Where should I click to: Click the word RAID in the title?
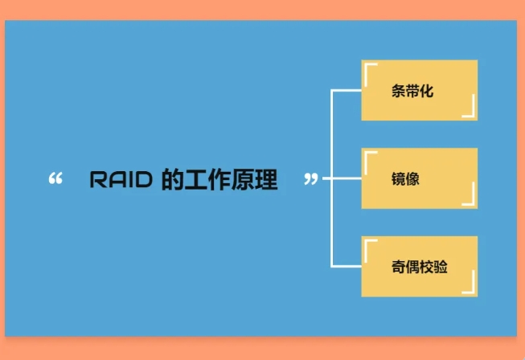pos(121,179)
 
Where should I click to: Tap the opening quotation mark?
pos(55,178)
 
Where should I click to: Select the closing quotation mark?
pos(311,179)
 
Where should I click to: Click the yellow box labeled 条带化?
pos(420,90)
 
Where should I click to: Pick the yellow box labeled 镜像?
pos(420,178)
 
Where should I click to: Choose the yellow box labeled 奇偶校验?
pos(420,266)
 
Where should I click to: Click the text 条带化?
pos(412,91)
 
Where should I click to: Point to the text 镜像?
pos(405,178)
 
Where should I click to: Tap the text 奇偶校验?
pos(420,267)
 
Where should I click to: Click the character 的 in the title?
pos(172,180)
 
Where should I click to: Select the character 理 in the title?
pos(266,180)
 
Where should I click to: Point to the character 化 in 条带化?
pos(427,91)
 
